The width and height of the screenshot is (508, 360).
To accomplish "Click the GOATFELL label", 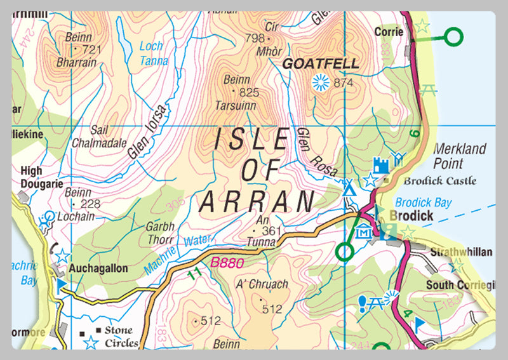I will point(320,64).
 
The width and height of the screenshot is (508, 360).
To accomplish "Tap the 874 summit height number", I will point(342,83).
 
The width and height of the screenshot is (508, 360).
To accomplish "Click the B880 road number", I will point(227,262).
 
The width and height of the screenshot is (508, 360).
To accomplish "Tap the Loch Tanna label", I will point(152,54).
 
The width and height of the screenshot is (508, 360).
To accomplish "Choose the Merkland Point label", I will point(460,155).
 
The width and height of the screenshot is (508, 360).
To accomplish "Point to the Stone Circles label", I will point(121,337).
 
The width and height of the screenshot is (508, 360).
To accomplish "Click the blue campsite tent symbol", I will point(348,189).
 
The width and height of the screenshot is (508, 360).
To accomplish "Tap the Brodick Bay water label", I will point(423,203).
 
